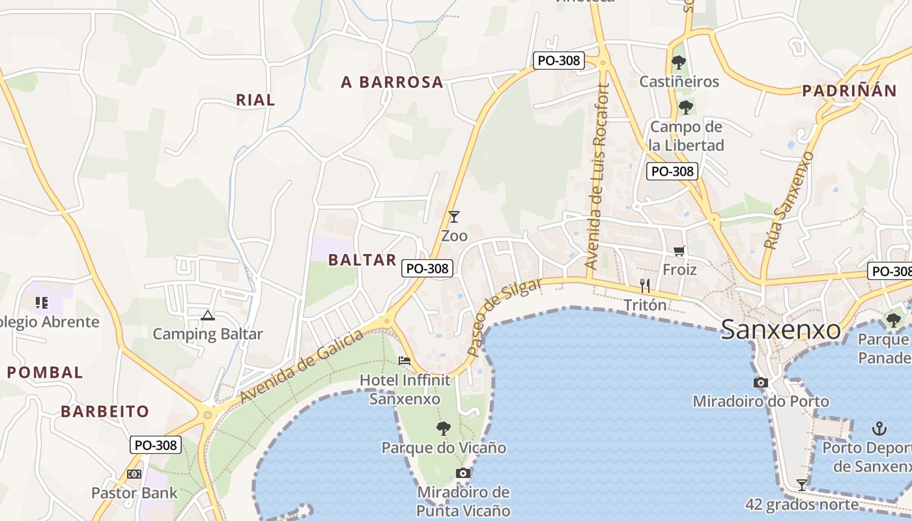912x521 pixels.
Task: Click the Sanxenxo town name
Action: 780,330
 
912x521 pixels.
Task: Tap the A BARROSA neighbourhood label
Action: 392,82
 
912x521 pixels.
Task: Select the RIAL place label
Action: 255,100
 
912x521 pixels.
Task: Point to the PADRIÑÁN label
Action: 849,91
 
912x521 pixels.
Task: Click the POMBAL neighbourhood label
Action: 45,373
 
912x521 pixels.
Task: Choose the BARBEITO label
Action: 105,412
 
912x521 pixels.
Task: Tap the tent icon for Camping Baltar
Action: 208,316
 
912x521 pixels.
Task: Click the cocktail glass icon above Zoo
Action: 454,217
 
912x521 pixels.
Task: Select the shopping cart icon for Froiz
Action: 679,251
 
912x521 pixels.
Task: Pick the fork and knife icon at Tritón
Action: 645,285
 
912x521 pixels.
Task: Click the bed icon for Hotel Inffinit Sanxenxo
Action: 405,361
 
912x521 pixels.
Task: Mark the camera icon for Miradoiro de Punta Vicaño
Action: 463,473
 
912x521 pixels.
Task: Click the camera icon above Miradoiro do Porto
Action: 760,382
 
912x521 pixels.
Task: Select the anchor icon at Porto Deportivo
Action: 879,429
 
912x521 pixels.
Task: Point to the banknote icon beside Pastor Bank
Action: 134,474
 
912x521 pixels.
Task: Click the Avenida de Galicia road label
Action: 301,367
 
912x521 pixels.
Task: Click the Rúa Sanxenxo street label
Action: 789,201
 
